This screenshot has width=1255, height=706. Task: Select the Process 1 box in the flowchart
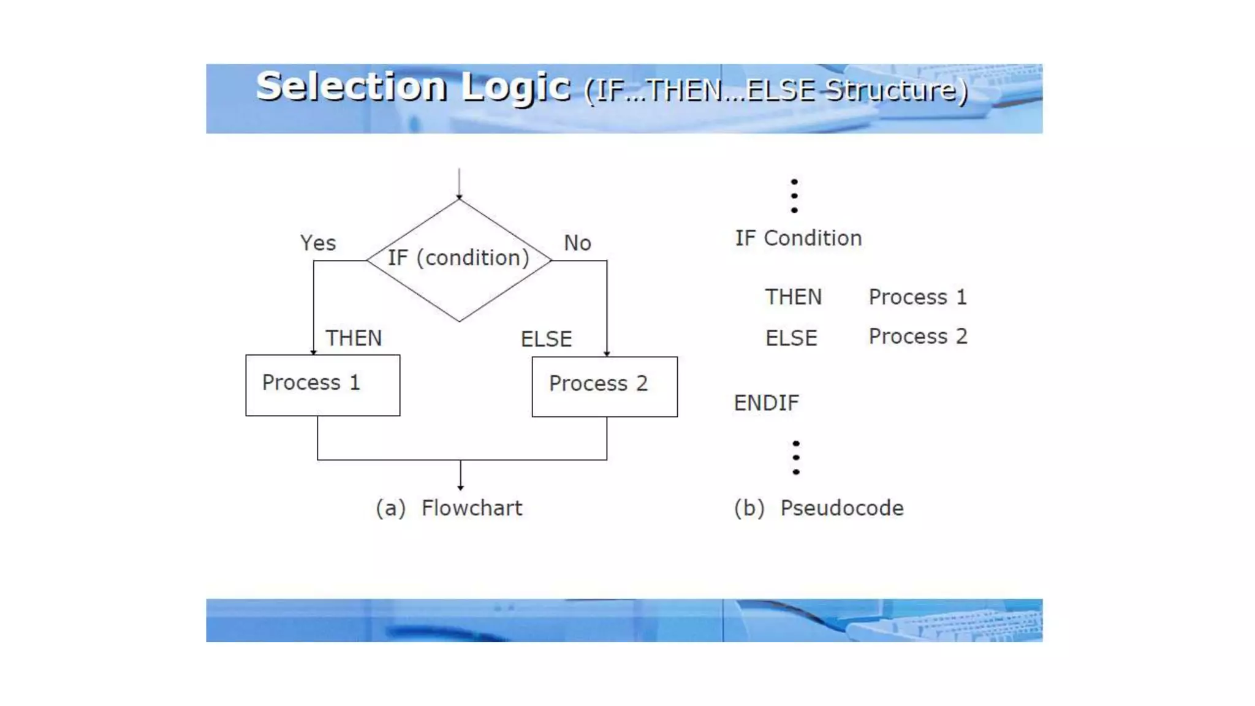pyautogui.click(x=322, y=385)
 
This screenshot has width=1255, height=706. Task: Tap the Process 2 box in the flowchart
pyautogui.click(x=604, y=386)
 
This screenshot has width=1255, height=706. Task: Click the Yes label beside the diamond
pyautogui.click(x=317, y=243)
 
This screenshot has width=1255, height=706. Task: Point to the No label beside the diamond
pyautogui.click(x=577, y=243)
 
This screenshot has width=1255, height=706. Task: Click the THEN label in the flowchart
pyautogui.click(x=354, y=338)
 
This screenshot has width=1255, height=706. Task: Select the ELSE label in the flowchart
pyautogui.click(x=546, y=339)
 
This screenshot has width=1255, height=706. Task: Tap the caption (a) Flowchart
pyautogui.click(x=449, y=508)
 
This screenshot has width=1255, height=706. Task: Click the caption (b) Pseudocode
pyautogui.click(x=819, y=508)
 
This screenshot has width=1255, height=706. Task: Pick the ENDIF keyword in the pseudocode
pyautogui.click(x=766, y=403)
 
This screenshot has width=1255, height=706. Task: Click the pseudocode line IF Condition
pyautogui.click(x=798, y=238)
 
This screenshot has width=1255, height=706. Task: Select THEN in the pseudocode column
pyautogui.click(x=793, y=297)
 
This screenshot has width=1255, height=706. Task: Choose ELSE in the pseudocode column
pyautogui.click(x=791, y=338)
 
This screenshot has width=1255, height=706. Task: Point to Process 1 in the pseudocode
pyautogui.click(x=917, y=297)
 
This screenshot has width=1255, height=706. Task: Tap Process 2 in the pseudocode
pyautogui.click(x=917, y=336)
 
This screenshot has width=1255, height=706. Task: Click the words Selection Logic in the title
pyautogui.click(x=413, y=86)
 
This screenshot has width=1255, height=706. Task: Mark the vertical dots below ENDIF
pyautogui.click(x=795, y=458)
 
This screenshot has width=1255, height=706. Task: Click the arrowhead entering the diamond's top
pyautogui.click(x=459, y=196)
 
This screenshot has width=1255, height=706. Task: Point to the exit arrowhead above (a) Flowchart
pyautogui.click(x=460, y=487)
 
